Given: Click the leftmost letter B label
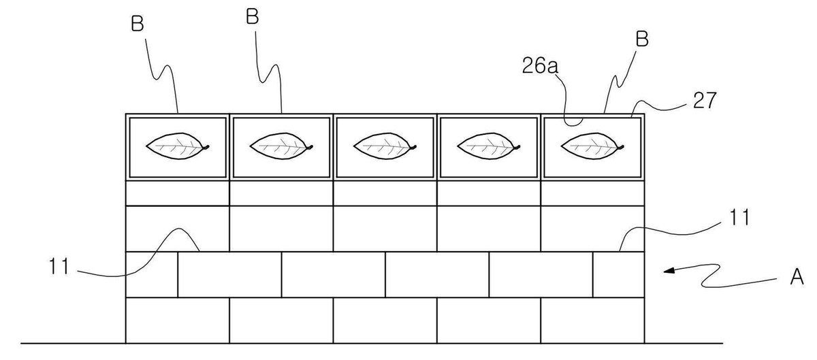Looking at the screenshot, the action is coord(138,23).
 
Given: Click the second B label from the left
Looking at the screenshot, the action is coord(253,17).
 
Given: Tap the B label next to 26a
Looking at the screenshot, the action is coord(642,39).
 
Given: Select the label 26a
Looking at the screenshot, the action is coord(540,66).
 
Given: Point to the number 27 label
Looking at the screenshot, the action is coord(705,100).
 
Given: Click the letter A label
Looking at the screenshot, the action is coord(797,276).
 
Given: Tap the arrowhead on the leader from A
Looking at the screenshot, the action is coord(668,271).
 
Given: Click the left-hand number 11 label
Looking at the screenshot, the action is coord(59,266).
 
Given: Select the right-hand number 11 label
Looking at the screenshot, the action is coord(739,217).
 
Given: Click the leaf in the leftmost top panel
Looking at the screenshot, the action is coord(178,146).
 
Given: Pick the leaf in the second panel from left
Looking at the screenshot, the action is coord(281,146).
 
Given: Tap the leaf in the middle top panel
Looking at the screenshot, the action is coord(385,146).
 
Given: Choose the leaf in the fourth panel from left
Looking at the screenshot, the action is coord(488,146).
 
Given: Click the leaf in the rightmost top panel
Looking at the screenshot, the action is coord(592,146).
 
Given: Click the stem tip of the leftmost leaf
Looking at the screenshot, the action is coord(208,146).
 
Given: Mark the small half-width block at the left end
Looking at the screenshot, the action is coord(152,274).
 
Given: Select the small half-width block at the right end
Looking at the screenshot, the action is coord(619,274).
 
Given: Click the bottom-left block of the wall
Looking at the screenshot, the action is coord(178,321).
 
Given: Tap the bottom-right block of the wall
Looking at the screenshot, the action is coord(593,321).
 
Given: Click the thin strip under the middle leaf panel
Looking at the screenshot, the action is coord(385,193).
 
